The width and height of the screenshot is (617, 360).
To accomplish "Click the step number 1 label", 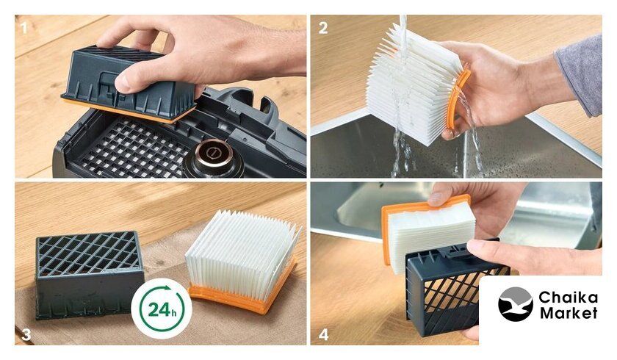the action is point(24,28).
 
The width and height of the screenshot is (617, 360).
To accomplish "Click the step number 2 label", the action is point(323,28).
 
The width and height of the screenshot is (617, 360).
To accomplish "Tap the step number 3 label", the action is point(26,334).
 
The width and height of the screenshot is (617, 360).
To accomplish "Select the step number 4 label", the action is point(323,335).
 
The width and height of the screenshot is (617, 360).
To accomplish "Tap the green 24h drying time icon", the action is point(162,309).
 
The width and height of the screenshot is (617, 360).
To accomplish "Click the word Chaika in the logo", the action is point(568,298).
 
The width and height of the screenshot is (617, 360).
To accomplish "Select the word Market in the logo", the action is point(569,313).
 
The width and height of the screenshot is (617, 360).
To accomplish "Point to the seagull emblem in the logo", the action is point(516,304).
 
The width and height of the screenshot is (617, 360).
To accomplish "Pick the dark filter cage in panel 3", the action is point(89,274).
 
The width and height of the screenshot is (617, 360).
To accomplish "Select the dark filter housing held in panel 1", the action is point(128,82).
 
